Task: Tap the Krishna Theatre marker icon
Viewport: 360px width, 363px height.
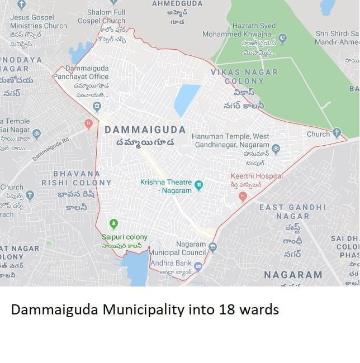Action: [x=198, y=185]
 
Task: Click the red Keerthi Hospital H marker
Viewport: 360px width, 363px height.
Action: [x=243, y=196]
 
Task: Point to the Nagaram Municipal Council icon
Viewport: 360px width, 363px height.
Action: [x=212, y=246]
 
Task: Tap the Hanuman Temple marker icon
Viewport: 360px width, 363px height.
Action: [x=276, y=149]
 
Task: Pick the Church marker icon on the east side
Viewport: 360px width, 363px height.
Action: [x=337, y=133]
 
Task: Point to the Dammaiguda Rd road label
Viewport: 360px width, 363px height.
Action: [x=51, y=149]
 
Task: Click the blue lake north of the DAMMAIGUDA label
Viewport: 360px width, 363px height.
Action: [x=187, y=100]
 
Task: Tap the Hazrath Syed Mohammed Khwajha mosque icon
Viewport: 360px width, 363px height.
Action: [x=283, y=39]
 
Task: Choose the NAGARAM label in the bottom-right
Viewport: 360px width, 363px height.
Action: [x=292, y=275]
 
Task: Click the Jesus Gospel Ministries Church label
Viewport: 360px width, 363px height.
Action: [x=38, y=21]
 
